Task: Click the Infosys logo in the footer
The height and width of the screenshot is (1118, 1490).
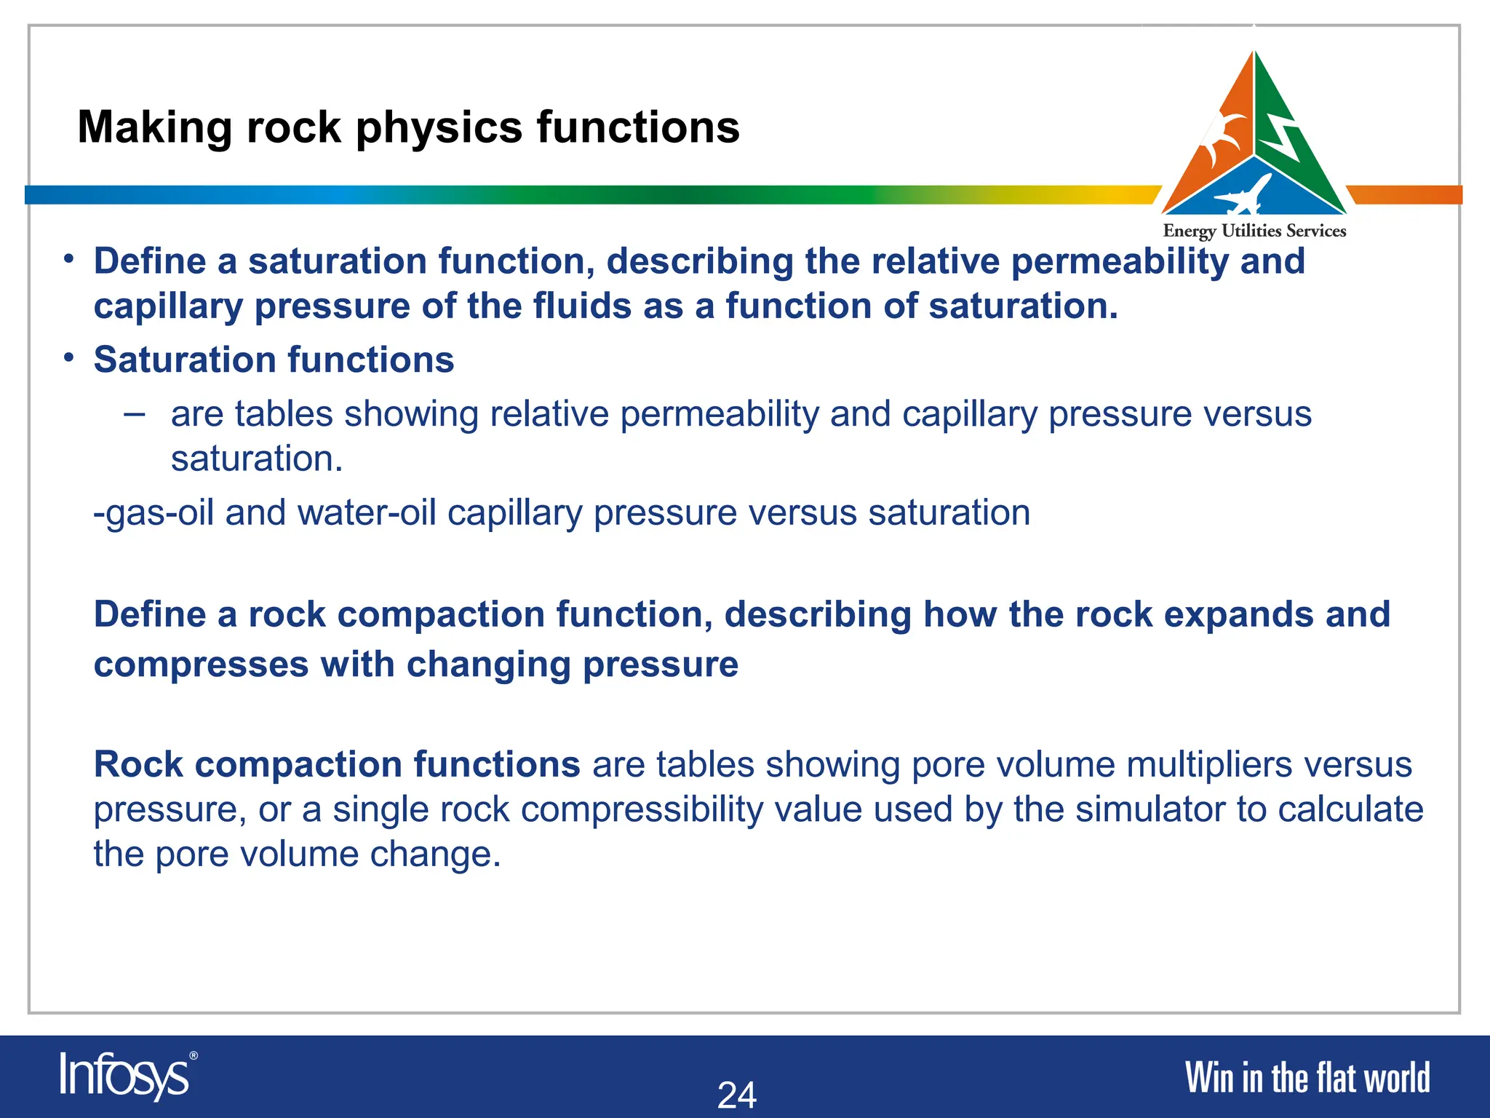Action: (x=124, y=1076)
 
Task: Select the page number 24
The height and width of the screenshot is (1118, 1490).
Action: (x=737, y=1095)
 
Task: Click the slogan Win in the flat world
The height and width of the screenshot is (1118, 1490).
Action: (x=1307, y=1078)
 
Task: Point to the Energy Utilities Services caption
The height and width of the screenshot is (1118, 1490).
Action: (x=1254, y=231)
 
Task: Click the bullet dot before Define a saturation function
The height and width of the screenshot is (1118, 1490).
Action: (x=68, y=259)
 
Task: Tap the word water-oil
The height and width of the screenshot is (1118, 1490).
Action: (x=367, y=513)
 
